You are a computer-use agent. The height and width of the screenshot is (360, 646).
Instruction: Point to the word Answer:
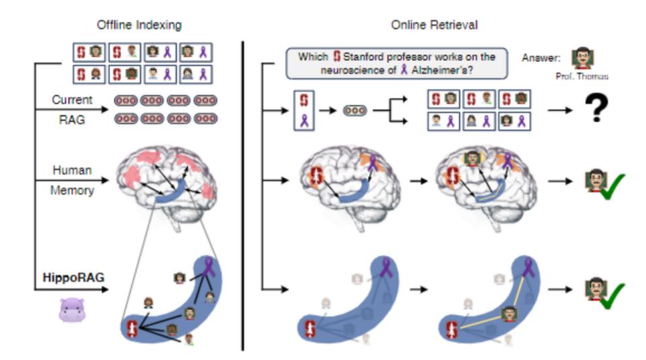click(542, 57)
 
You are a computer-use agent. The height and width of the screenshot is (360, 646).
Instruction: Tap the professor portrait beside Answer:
click(582, 59)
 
